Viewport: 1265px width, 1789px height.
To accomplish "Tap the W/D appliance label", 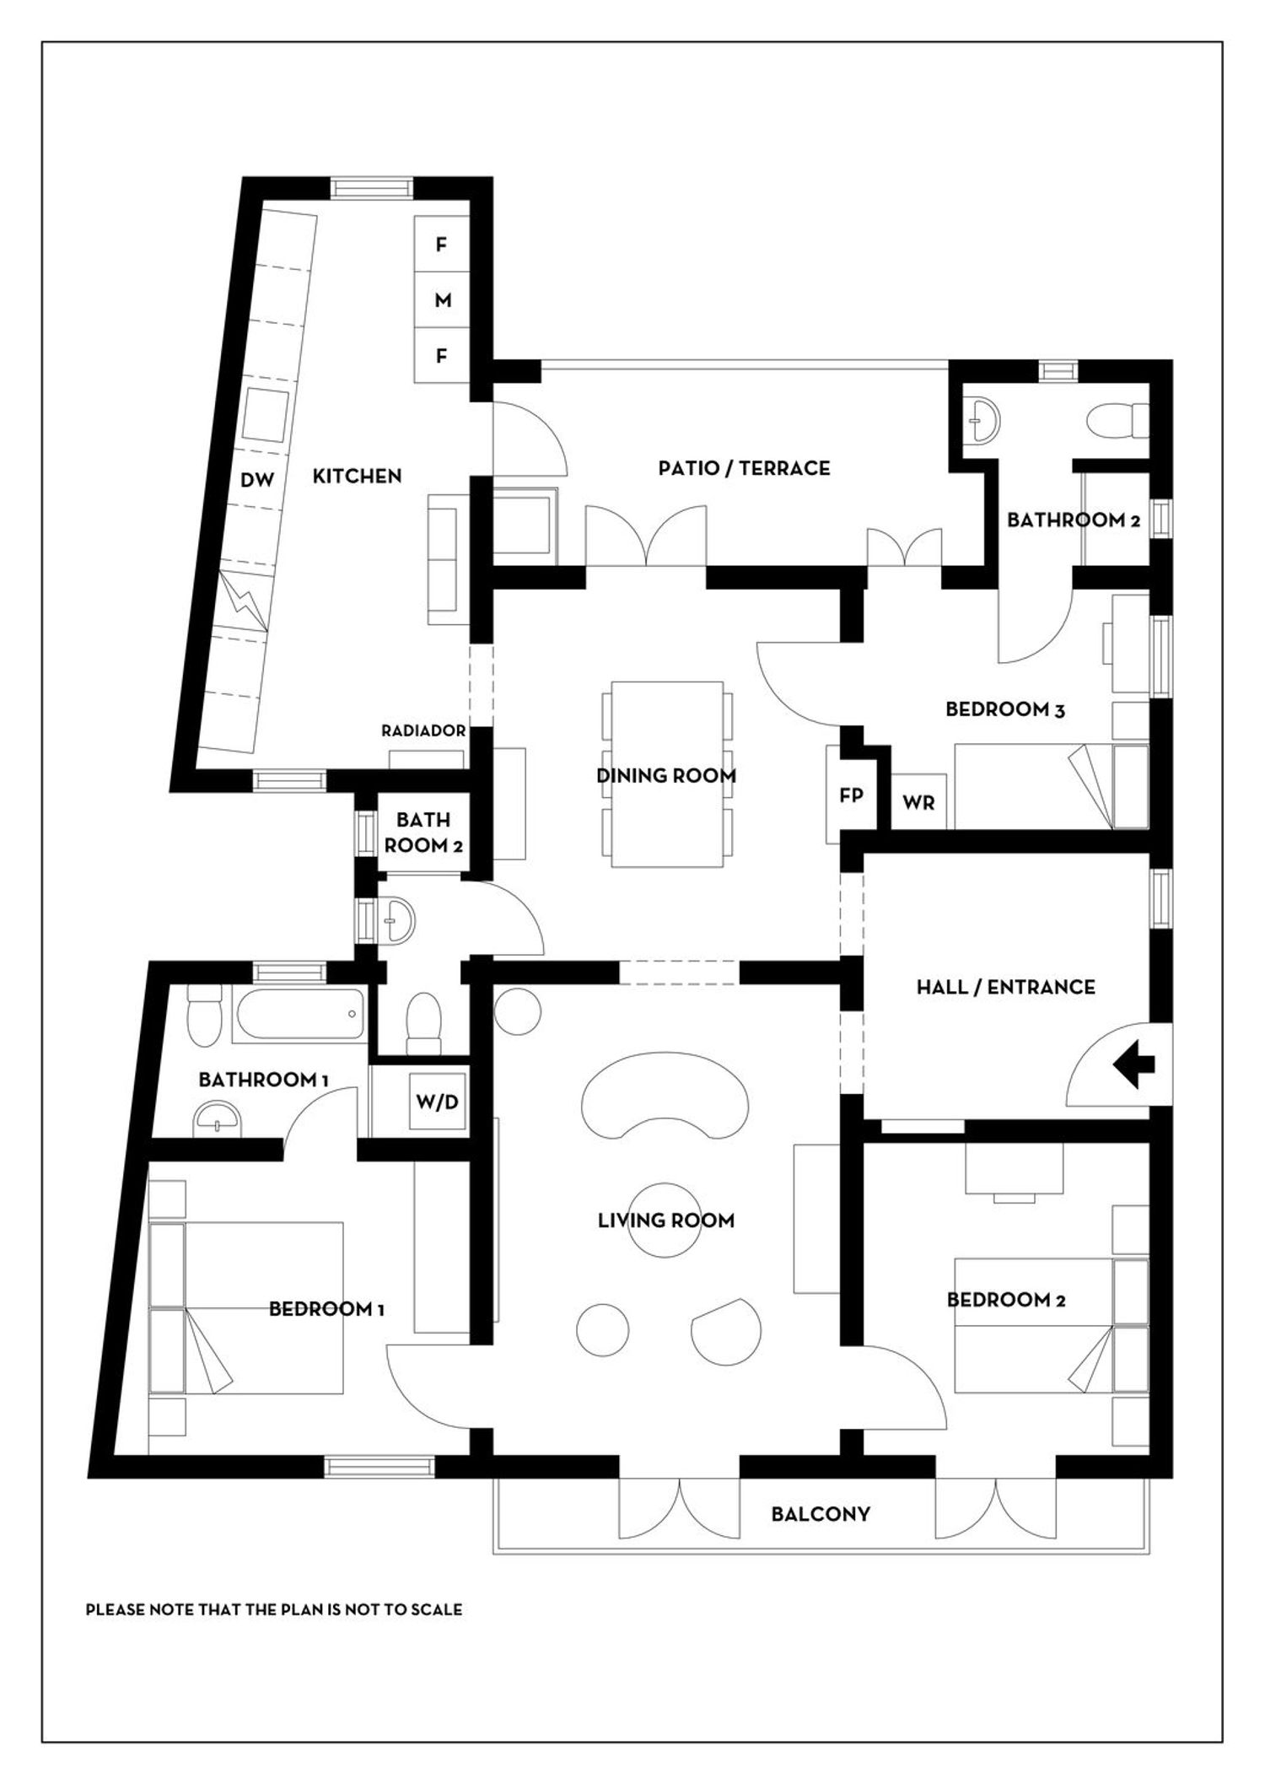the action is click(x=439, y=1102).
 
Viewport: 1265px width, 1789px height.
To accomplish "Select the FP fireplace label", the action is click(x=851, y=795).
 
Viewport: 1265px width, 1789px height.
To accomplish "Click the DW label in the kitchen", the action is click(x=257, y=480).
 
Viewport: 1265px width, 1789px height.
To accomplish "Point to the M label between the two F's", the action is click(x=443, y=300).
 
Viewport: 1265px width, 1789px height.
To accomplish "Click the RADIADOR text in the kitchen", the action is click(x=423, y=731).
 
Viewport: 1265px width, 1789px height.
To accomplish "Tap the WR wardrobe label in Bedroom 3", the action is click(x=918, y=803).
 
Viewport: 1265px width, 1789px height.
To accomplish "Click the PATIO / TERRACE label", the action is click(x=744, y=468).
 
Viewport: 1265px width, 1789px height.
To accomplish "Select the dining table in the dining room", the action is click(x=667, y=774).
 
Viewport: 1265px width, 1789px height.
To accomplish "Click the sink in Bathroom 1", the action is click(x=220, y=1118).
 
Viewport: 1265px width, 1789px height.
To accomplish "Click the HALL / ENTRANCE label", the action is click(x=1005, y=987).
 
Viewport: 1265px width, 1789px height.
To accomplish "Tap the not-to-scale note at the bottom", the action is click(x=274, y=1609).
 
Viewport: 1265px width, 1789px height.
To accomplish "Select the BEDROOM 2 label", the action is click(x=1005, y=1300).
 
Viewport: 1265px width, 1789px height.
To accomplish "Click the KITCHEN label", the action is click(x=357, y=476).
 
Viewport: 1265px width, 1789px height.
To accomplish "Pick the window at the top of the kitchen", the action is click(x=372, y=187).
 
